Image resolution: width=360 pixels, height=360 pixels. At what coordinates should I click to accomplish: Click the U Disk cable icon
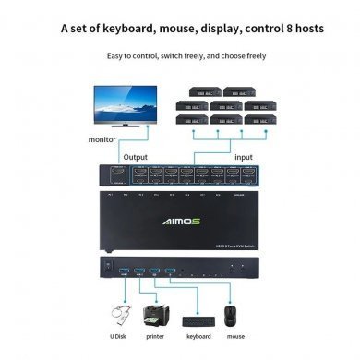click(x=119, y=312)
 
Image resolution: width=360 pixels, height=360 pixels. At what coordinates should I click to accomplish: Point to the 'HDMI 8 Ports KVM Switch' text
click(x=226, y=244)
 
